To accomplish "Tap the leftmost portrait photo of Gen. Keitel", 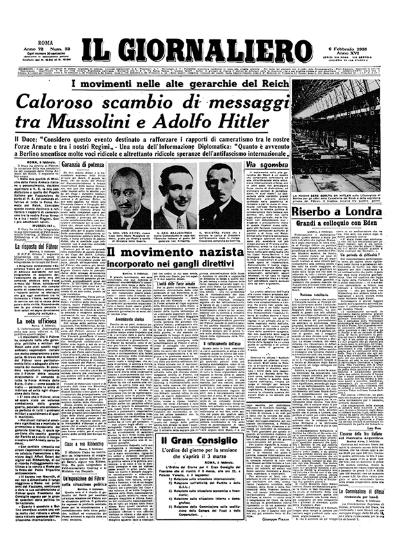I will (x=131, y=199).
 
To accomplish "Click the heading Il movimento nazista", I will (x=174, y=253).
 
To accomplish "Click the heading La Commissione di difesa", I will (x=364, y=509).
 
